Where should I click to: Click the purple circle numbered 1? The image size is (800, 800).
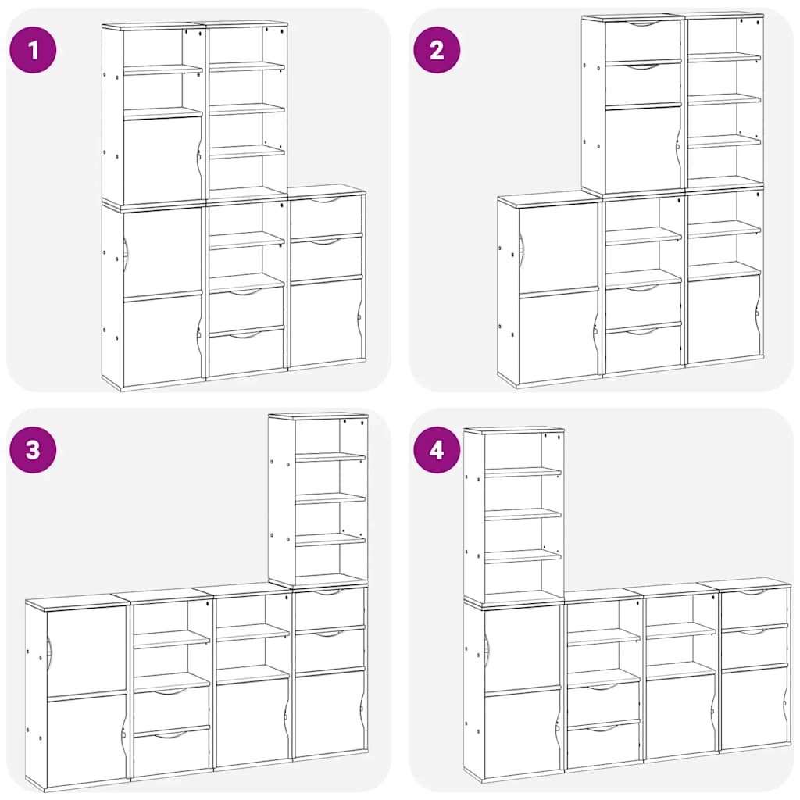point(33,50)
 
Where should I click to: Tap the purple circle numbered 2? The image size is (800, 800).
point(437,50)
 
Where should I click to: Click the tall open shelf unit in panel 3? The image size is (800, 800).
point(319,500)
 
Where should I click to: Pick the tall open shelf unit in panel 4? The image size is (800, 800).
point(514,516)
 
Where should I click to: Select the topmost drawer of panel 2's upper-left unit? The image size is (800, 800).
point(642,41)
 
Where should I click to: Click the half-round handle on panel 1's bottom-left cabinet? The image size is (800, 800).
point(125,254)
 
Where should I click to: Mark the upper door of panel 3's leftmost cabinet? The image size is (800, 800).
point(86,650)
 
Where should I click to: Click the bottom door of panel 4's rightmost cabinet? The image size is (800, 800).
point(754,707)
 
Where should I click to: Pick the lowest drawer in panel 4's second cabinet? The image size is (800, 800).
point(602,746)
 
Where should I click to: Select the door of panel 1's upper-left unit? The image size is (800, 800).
point(162,160)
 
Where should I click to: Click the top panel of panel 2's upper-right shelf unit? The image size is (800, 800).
point(723,16)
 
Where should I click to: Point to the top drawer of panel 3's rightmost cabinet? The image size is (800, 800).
point(329,607)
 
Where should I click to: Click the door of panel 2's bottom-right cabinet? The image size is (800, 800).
point(723,319)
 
